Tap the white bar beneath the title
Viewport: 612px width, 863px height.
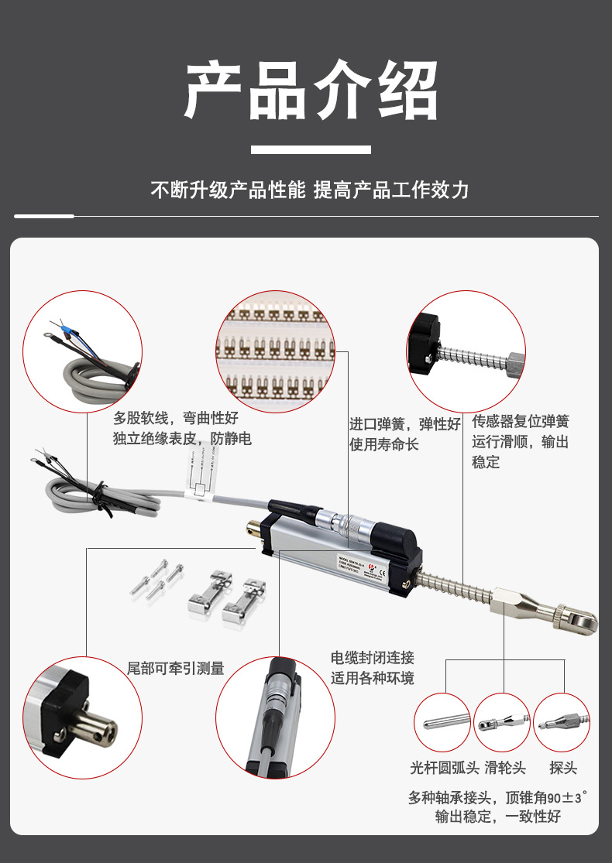(x=311, y=149)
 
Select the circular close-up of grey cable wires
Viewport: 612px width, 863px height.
(x=83, y=351)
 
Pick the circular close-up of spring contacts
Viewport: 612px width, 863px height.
(x=275, y=351)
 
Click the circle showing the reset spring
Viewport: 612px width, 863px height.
(x=466, y=351)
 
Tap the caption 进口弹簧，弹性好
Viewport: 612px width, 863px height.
(x=404, y=424)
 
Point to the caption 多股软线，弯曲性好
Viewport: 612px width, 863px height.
(x=176, y=419)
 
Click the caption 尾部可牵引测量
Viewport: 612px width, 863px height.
(x=176, y=668)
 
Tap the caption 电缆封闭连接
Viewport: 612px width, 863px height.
(x=373, y=658)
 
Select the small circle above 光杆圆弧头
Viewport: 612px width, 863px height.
(x=442, y=723)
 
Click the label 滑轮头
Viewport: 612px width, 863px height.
(x=505, y=769)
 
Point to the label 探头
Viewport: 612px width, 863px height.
(x=563, y=769)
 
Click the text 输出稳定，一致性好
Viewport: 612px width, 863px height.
(x=498, y=817)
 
